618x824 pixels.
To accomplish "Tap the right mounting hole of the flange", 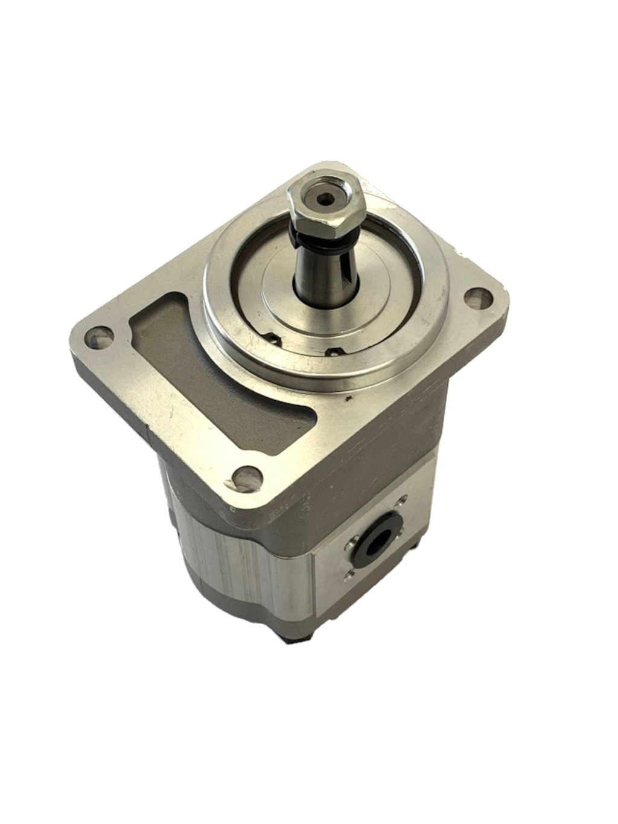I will [477, 297].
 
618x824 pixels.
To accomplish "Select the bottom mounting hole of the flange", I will [247, 476].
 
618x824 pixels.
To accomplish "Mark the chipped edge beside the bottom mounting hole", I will [230, 482].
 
